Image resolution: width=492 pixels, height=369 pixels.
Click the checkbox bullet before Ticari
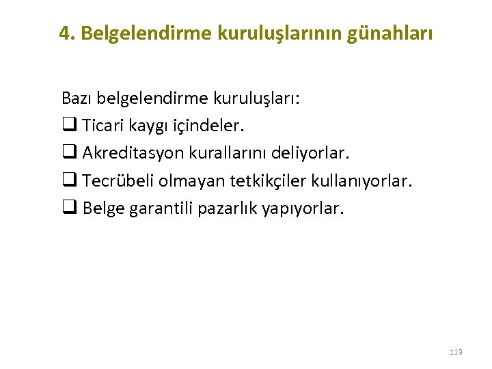(68, 126)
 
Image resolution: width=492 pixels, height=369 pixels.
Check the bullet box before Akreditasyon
(68, 153)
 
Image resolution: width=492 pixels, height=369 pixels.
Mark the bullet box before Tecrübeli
(68, 180)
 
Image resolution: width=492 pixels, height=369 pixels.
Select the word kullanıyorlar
(362, 180)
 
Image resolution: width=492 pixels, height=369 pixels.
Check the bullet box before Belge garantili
(68, 208)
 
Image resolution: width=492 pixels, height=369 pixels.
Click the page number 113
(456, 352)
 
